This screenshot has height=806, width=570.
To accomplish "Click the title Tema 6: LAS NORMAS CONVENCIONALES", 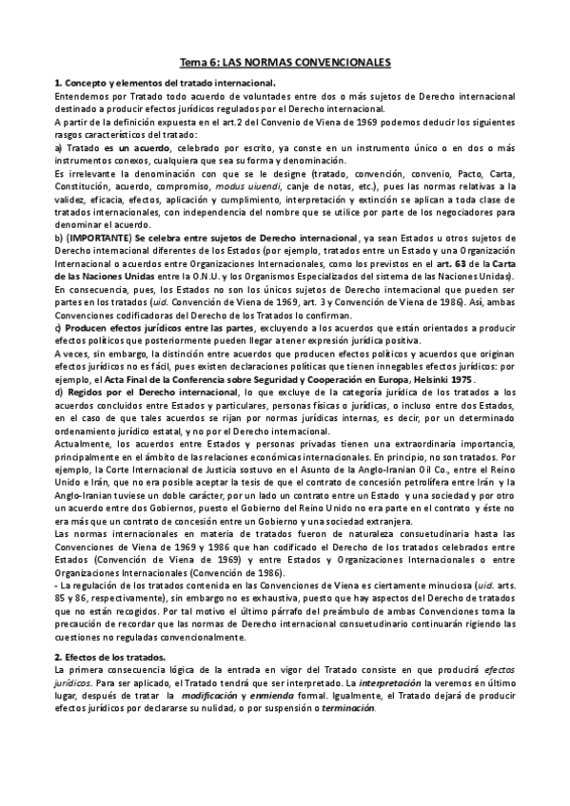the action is [285, 62].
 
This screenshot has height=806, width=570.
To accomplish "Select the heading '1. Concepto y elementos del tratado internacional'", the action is [166, 84].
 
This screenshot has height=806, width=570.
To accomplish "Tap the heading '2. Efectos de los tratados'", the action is [110, 658].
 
